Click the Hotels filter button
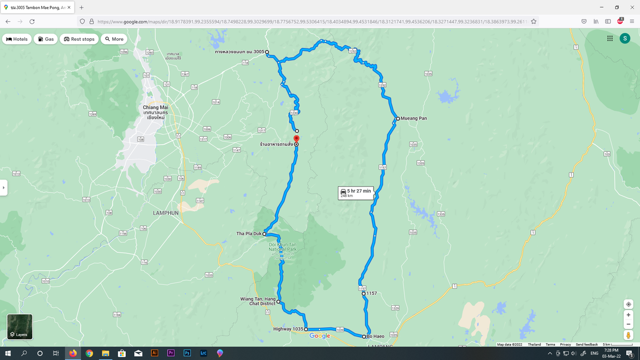click(x=17, y=39)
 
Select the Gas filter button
click(x=46, y=39)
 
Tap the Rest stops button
click(x=79, y=39)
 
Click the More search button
click(x=114, y=39)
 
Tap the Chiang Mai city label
click(x=155, y=107)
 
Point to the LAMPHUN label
click(x=166, y=213)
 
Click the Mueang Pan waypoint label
click(x=413, y=119)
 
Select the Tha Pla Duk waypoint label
click(x=249, y=234)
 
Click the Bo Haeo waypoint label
click(x=375, y=336)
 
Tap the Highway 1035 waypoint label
click(x=288, y=329)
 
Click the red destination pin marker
click(x=296, y=139)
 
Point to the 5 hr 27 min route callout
click(x=356, y=193)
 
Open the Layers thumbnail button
click(x=19, y=327)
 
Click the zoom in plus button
click(x=628, y=315)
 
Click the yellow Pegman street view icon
click(x=628, y=336)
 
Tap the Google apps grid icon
click(x=610, y=38)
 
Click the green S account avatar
click(x=625, y=38)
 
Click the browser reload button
click(x=32, y=22)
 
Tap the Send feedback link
click(x=587, y=344)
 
